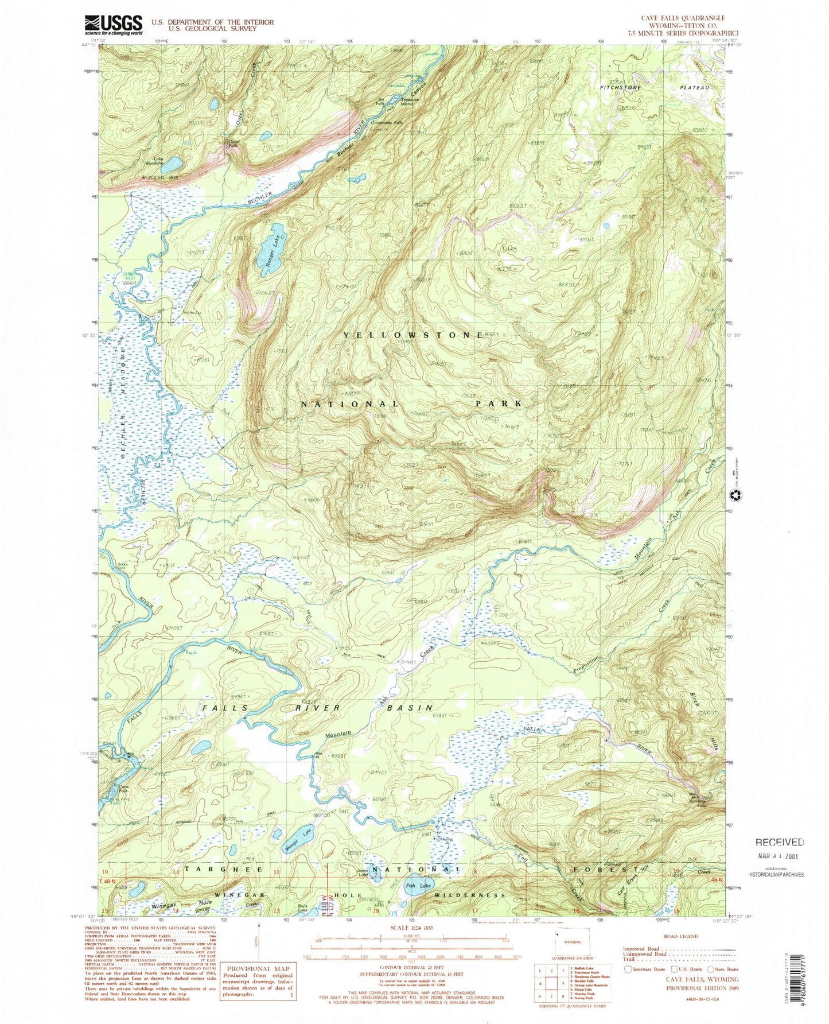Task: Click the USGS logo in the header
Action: (114, 25)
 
